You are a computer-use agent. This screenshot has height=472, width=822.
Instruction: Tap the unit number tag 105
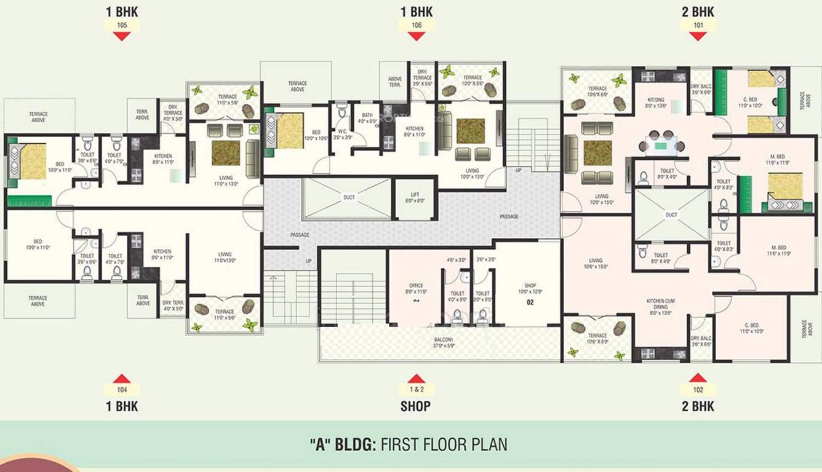[x=122, y=25]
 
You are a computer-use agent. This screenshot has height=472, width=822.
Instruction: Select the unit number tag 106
[x=417, y=25]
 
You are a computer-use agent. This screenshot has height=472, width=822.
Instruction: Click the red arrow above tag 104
[x=122, y=378]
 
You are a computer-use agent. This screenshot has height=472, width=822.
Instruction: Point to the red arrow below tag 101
[x=698, y=36]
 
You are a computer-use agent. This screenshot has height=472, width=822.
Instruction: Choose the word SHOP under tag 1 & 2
[x=416, y=406]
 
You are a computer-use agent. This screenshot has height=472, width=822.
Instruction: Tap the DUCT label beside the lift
[x=349, y=197]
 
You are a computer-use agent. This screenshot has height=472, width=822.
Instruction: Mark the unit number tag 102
[x=698, y=389]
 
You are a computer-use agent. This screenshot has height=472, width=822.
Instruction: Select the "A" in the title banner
[x=319, y=444]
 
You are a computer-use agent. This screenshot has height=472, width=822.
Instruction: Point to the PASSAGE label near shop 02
[x=509, y=216]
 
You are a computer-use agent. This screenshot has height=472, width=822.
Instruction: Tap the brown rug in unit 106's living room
[x=471, y=130]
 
